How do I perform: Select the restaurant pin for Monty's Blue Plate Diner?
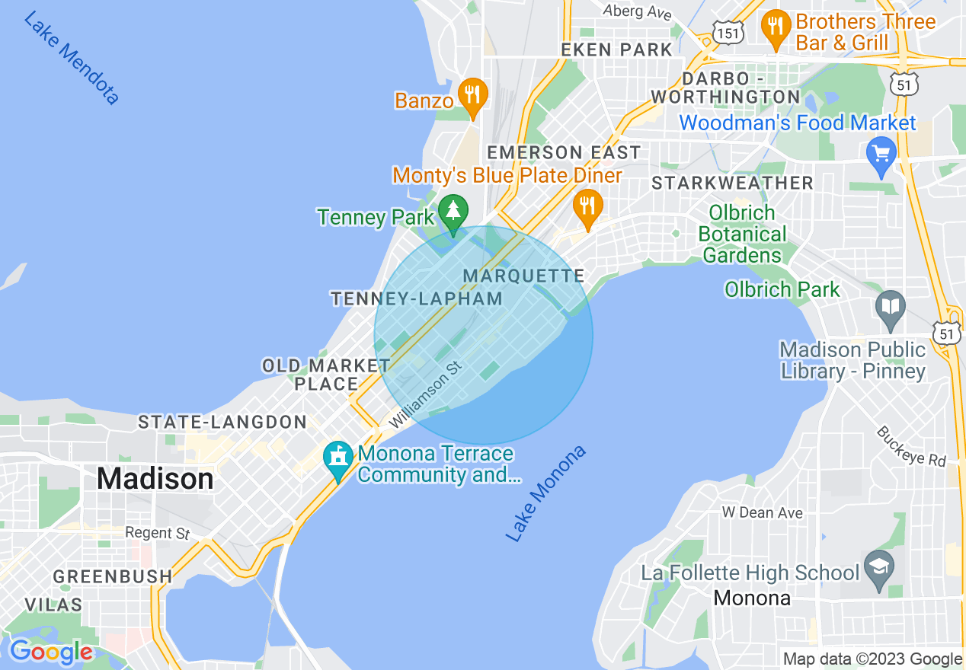[587, 206]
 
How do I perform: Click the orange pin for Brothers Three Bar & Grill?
[775, 27]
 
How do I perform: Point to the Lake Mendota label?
[72, 58]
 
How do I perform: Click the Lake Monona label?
[546, 494]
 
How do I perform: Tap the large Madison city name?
[155, 479]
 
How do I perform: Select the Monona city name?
[752, 598]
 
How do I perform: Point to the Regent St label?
[157, 533]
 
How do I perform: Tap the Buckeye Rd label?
[910, 446]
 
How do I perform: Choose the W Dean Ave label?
[762, 512]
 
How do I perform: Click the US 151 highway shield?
[728, 30]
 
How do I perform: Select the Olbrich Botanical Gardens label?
[742, 234]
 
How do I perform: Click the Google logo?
[50, 652]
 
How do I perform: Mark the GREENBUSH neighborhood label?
[113, 576]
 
